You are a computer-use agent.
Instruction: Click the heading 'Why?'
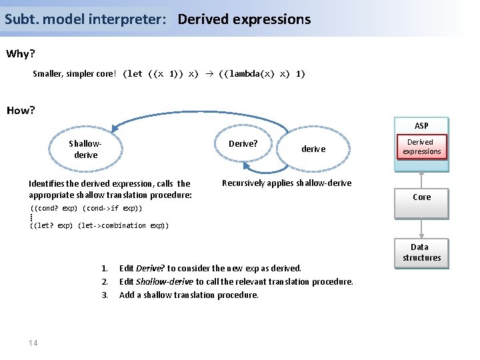(x=20, y=54)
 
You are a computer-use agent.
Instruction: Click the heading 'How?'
(x=20, y=110)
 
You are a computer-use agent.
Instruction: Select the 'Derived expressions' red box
(x=421, y=147)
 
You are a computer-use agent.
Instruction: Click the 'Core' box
(x=421, y=197)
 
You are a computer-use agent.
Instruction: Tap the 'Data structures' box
(x=421, y=252)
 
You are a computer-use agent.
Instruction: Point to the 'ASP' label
(x=421, y=125)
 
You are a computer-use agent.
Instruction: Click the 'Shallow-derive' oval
(x=85, y=149)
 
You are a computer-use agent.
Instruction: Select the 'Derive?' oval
(x=243, y=144)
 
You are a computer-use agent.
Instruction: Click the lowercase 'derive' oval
(x=313, y=149)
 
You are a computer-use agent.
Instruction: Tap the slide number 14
(x=33, y=343)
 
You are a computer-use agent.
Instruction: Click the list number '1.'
(x=105, y=268)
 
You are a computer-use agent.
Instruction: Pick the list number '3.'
(x=105, y=295)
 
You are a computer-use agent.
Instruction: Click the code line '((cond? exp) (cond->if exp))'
(x=86, y=209)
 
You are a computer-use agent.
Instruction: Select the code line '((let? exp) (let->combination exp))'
(x=99, y=225)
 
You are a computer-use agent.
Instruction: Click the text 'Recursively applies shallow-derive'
(x=286, y=183)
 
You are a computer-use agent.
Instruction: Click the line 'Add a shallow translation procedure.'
(x=189, y=295)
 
